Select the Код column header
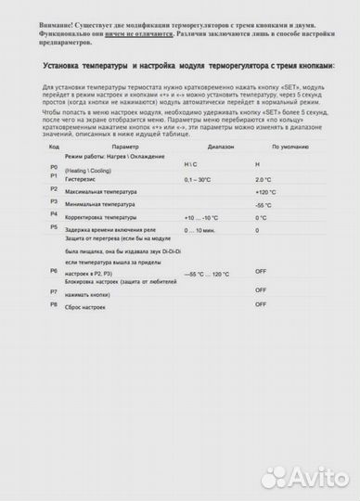54,148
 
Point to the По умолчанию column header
290,148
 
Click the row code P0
53,167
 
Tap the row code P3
53,201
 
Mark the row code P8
53,304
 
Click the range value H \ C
193,164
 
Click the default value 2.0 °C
263,179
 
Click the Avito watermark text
319,477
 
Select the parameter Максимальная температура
104,192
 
